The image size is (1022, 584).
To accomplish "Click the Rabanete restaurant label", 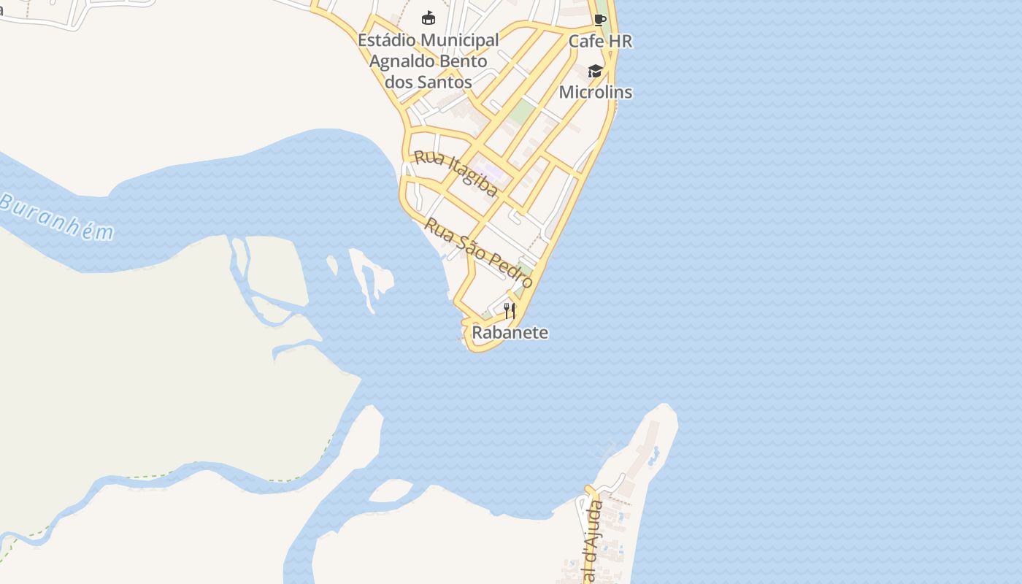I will click(510, 333).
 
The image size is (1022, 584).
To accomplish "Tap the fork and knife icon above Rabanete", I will click(510, 311).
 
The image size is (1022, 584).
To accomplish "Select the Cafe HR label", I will click(600, 42).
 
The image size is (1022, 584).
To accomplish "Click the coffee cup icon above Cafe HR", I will click(599, 20).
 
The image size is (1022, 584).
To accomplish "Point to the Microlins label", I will click(596, 93).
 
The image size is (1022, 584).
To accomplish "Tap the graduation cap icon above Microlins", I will click(596, 71).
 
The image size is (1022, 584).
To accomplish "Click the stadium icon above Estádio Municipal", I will click(429, 18).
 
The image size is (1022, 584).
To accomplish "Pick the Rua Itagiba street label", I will click(456, 174).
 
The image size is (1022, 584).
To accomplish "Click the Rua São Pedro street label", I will click(479, 253).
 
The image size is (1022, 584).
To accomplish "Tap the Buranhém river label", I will click(57, 218).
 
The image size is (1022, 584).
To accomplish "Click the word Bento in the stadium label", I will click(464, 61).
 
